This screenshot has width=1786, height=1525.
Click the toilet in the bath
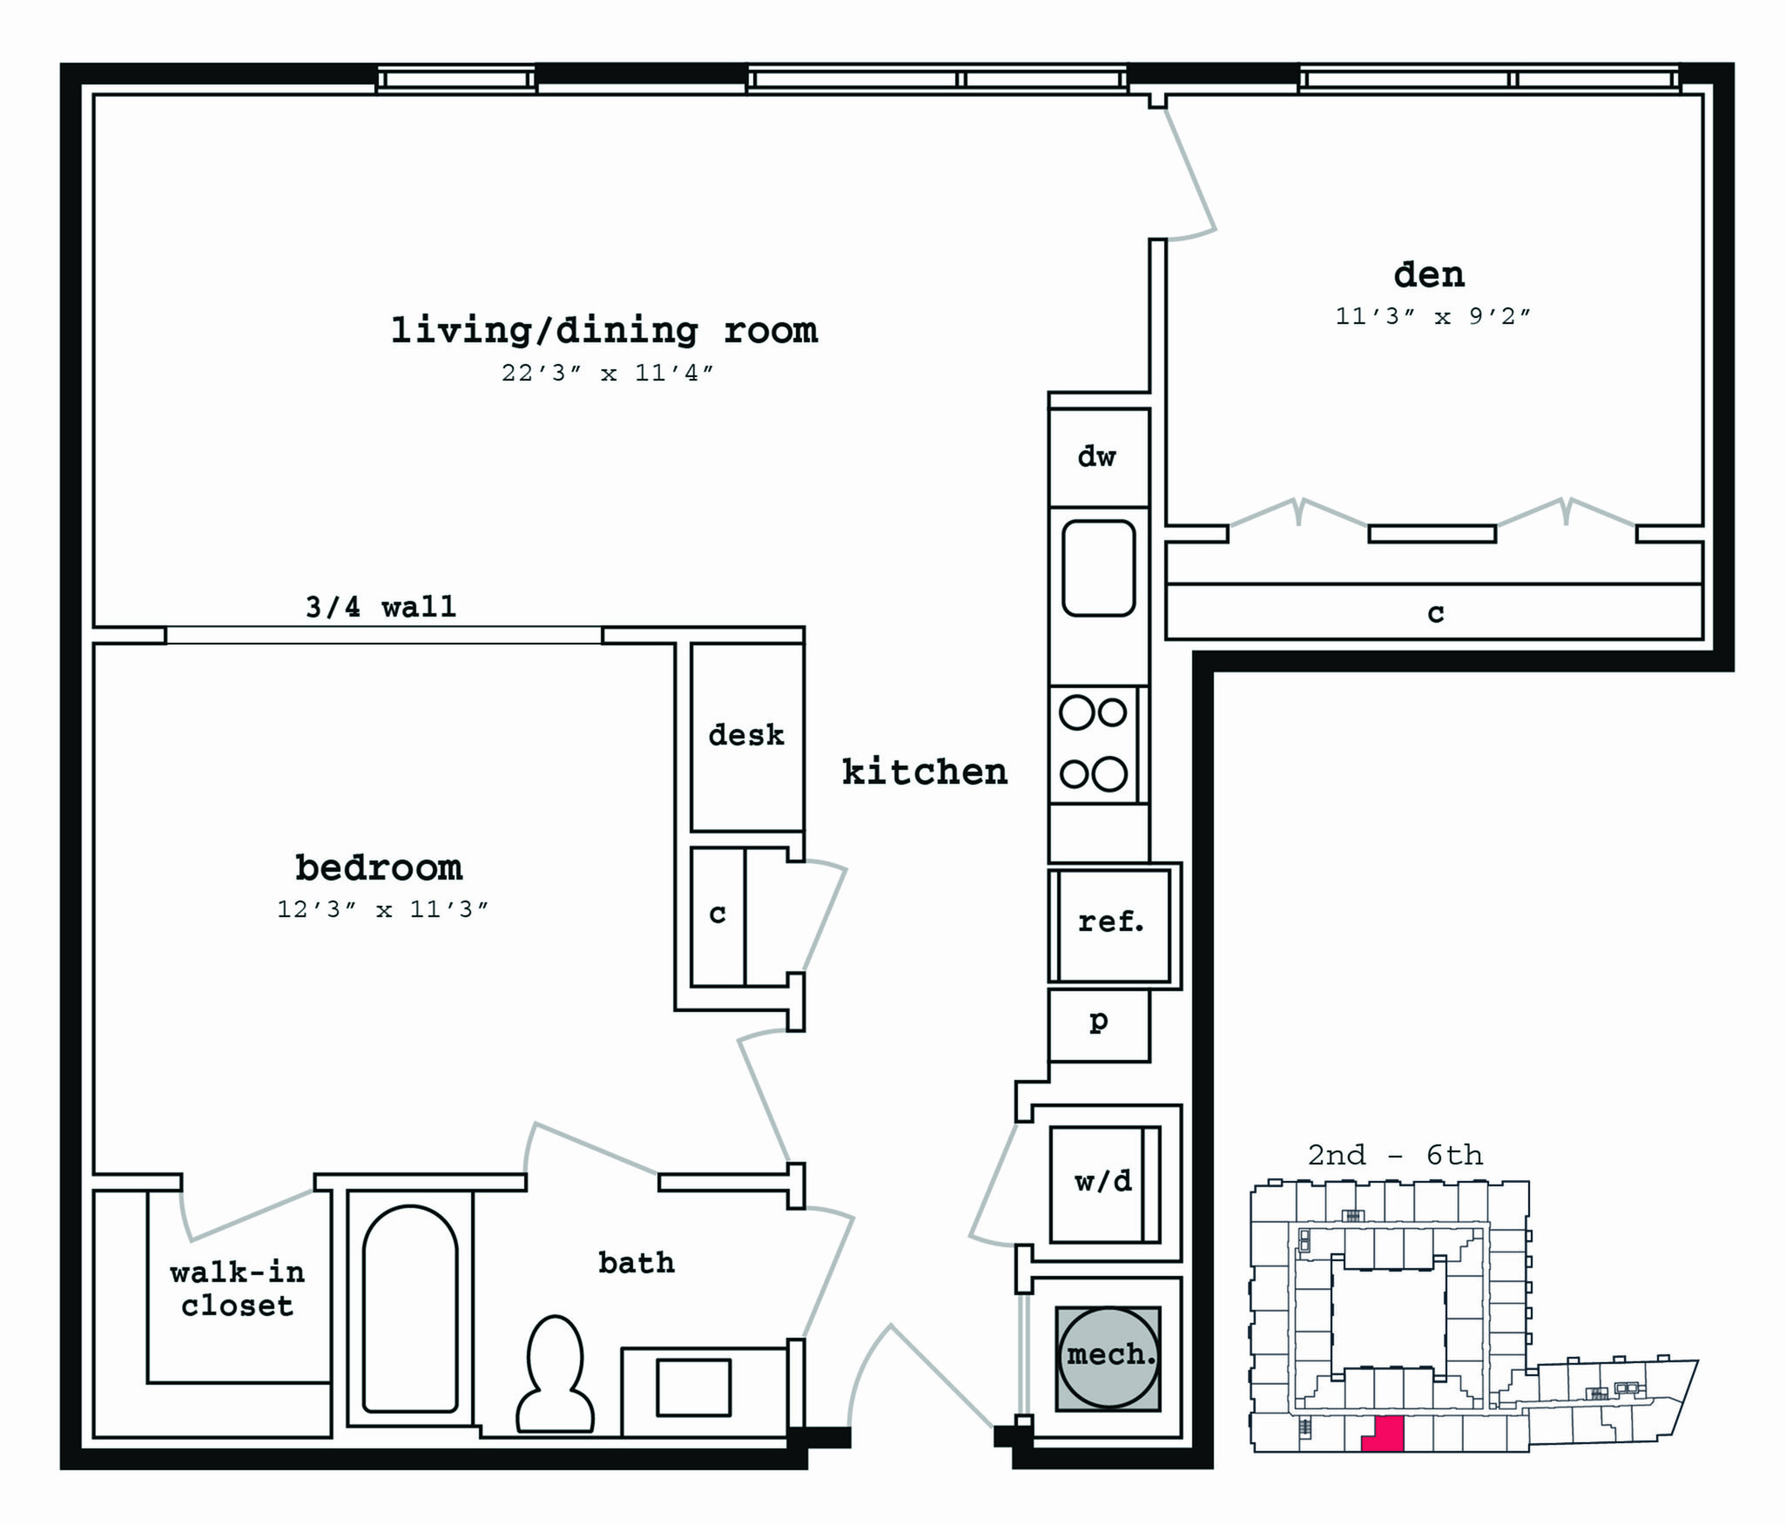coord(555,1375)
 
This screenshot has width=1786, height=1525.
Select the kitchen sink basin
coord(1098,568)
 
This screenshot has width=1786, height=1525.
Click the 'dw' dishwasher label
coord(1096,456)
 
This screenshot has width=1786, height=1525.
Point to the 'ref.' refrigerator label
coord(1111,921)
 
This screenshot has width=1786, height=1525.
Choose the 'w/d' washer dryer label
coord(1103,1182)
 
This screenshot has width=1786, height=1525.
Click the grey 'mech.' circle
coord(1109,1358)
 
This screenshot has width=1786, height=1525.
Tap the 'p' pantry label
coord(1099,1021)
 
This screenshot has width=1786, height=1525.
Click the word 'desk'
coord(746,734)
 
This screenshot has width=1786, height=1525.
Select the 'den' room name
coord(1429,274)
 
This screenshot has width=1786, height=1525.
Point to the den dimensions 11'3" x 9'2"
coord(1432,316)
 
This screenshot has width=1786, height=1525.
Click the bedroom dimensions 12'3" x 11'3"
coord(382,909)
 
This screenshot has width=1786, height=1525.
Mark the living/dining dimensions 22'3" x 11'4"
coord(607,373)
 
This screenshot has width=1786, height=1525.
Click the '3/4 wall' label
coord(381,606)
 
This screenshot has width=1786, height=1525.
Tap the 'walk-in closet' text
coord(238,1289)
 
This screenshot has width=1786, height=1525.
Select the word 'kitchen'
coord(925,772)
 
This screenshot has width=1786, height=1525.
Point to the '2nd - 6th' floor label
coord(1395,1155)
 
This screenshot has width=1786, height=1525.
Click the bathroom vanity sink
coord(693,1387)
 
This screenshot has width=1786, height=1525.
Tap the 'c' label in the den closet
coord(1436,614)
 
